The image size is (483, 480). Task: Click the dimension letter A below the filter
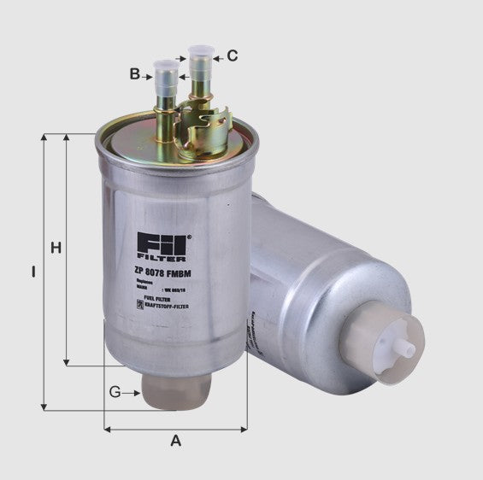coord(176,441)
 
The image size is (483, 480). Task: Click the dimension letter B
coord(135,74)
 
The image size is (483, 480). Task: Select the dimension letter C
coord(233,57)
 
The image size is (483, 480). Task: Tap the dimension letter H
coord(56,249)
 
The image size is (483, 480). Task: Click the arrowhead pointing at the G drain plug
coord(137,393)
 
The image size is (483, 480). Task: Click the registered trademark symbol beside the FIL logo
coord(190,236)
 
